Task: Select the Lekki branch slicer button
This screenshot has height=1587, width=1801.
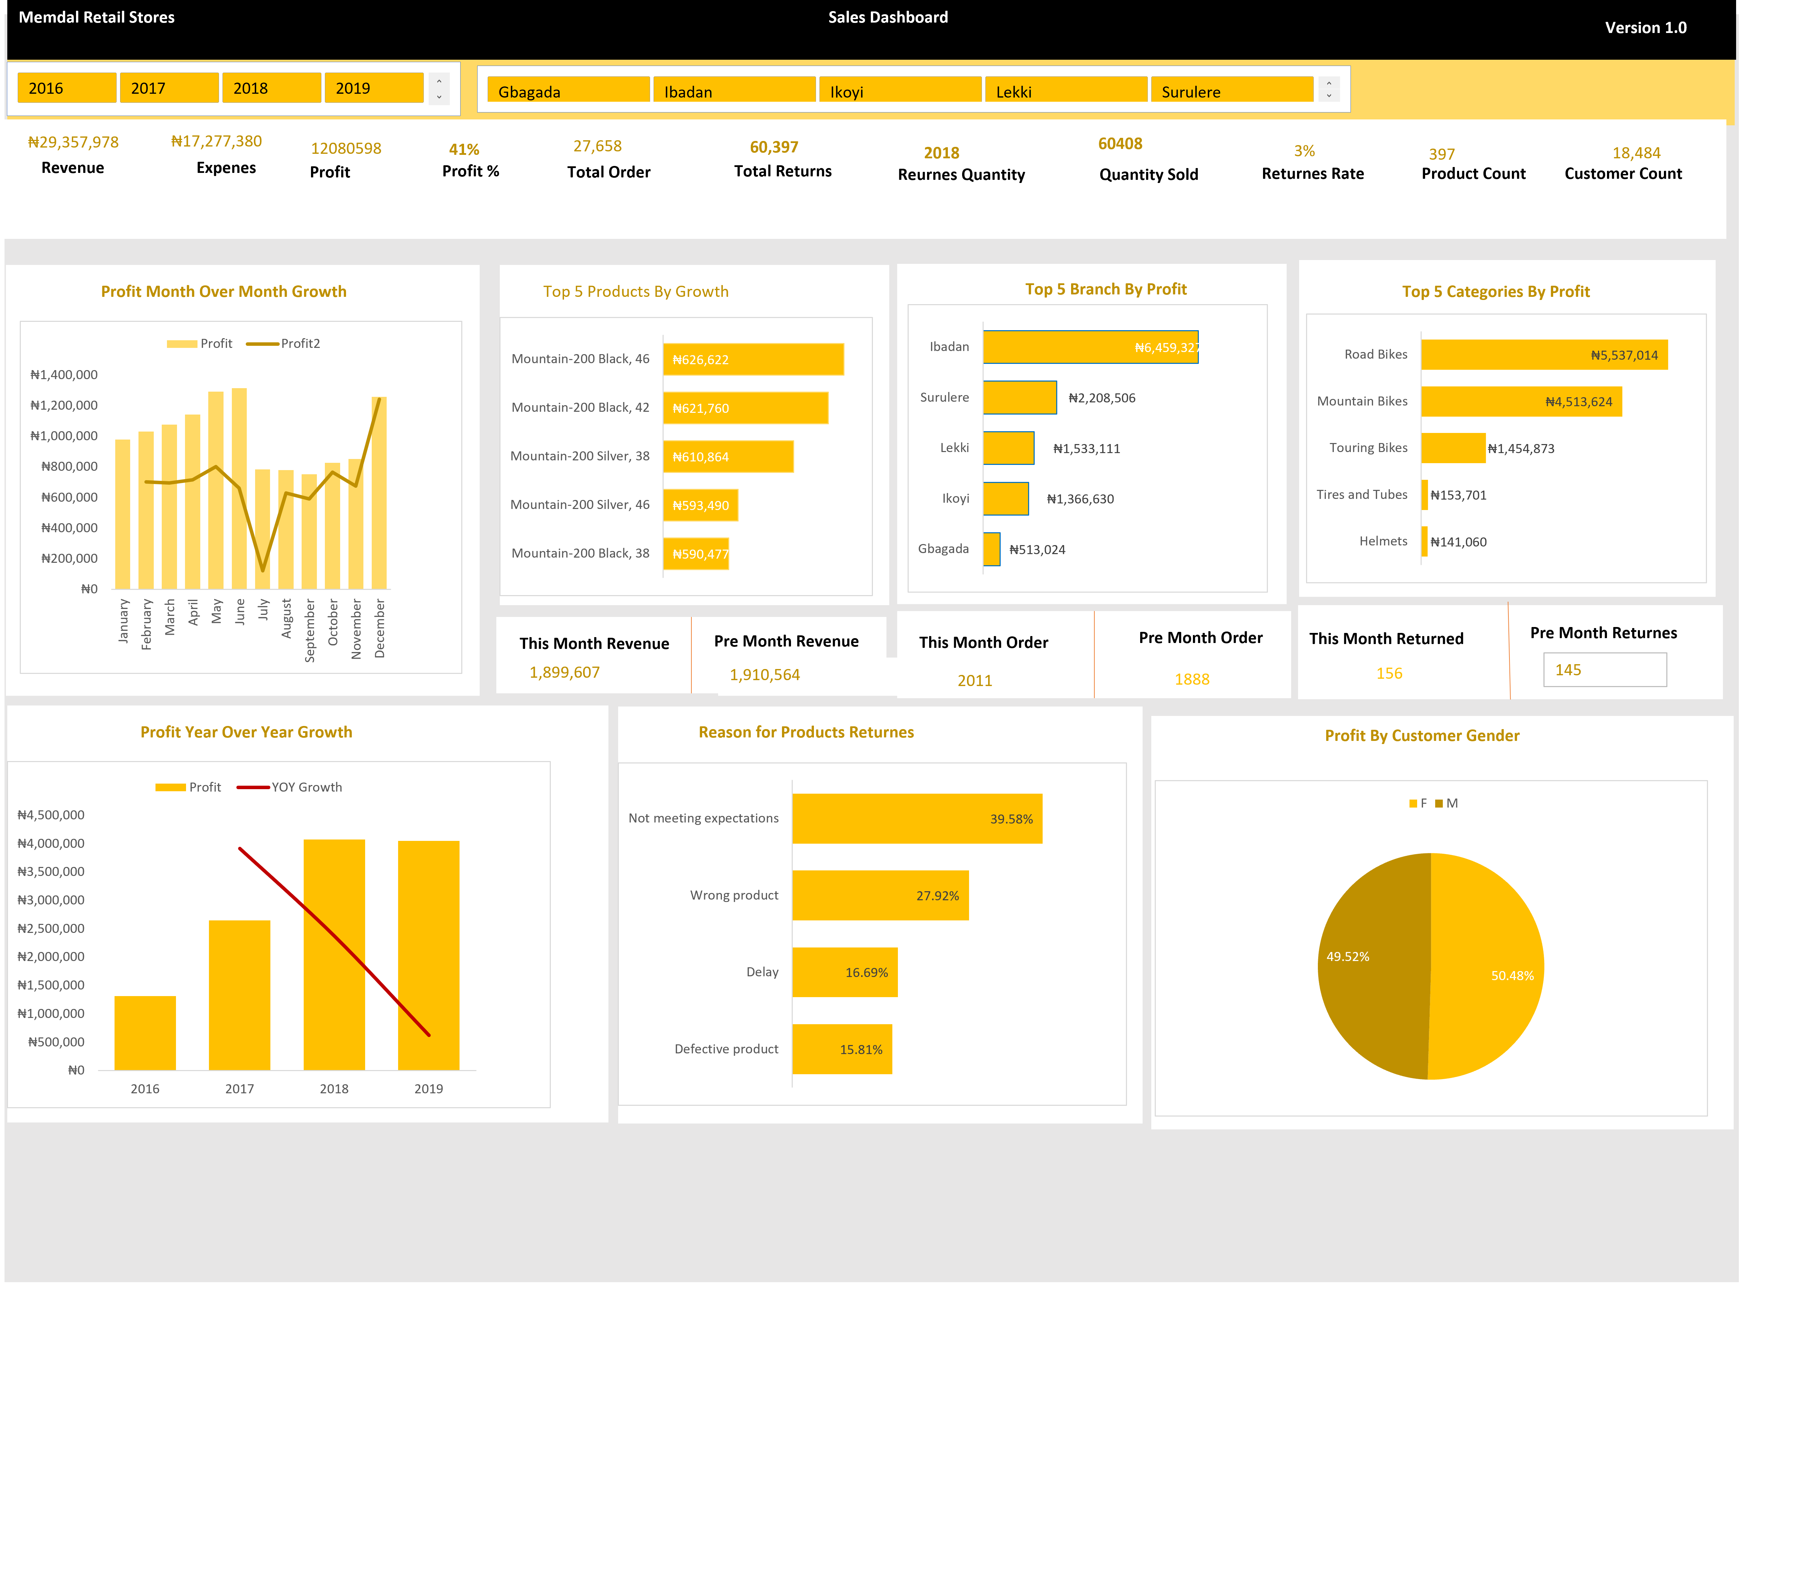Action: coord(1065,91)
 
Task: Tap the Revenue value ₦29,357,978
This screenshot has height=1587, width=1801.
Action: coord(73,142)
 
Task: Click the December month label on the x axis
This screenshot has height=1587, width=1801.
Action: coord(380,628)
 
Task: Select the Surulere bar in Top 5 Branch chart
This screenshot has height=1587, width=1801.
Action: coord(1019,398)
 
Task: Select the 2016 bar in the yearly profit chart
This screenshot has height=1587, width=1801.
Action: coord(145,1033)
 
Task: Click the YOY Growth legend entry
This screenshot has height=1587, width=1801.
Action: coord(291,787)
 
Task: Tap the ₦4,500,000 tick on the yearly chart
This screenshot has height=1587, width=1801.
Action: coord(51,815)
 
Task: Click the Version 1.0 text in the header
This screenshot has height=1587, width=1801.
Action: coord(1645,27)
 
